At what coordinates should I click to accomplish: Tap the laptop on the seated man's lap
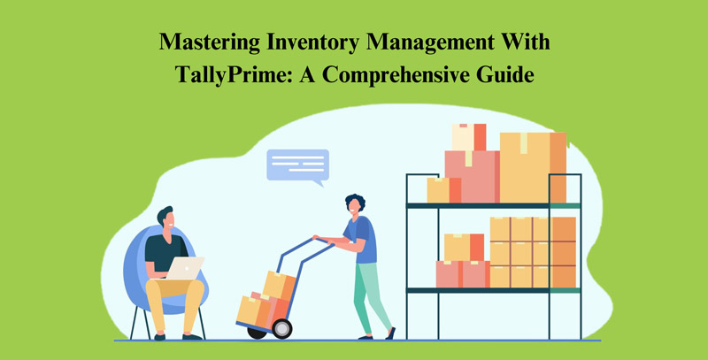[x=184, y=268]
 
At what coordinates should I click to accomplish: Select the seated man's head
[x=165, y=218]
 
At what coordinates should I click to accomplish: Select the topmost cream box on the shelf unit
[x=468, y=137]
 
